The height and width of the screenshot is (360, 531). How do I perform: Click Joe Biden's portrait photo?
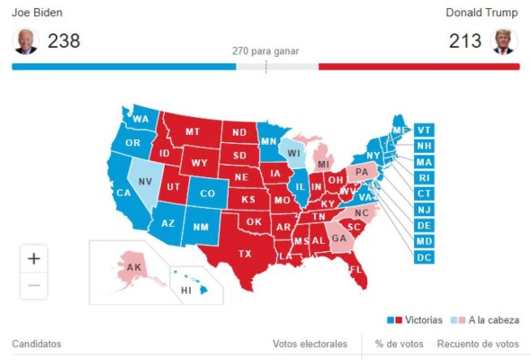[25, 41]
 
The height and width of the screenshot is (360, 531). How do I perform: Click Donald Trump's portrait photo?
[504, 41]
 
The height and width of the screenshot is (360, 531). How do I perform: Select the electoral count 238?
[64, 41]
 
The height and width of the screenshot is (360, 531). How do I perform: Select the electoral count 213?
[465, 41]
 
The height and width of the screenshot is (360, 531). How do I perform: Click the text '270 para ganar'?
[265, 51]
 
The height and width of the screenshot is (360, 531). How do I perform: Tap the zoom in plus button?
[34, 258]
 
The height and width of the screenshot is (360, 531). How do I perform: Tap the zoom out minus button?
[34, 285]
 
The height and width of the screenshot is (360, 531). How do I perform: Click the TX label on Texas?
[244, 254]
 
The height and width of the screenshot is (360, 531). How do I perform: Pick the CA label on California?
[123, 192]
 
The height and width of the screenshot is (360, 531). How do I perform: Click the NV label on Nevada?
[145, 180]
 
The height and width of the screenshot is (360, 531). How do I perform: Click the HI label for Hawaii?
[186, 291]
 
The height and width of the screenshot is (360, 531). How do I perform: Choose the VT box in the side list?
[425, 130]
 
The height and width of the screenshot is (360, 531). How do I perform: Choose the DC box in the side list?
[425, 257]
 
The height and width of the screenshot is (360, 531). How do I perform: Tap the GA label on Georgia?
[338, 238]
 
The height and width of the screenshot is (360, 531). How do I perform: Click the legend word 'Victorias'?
[422, 319]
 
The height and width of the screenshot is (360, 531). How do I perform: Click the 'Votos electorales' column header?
[310, 344]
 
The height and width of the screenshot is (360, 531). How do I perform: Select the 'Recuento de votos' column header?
[478, 344]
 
